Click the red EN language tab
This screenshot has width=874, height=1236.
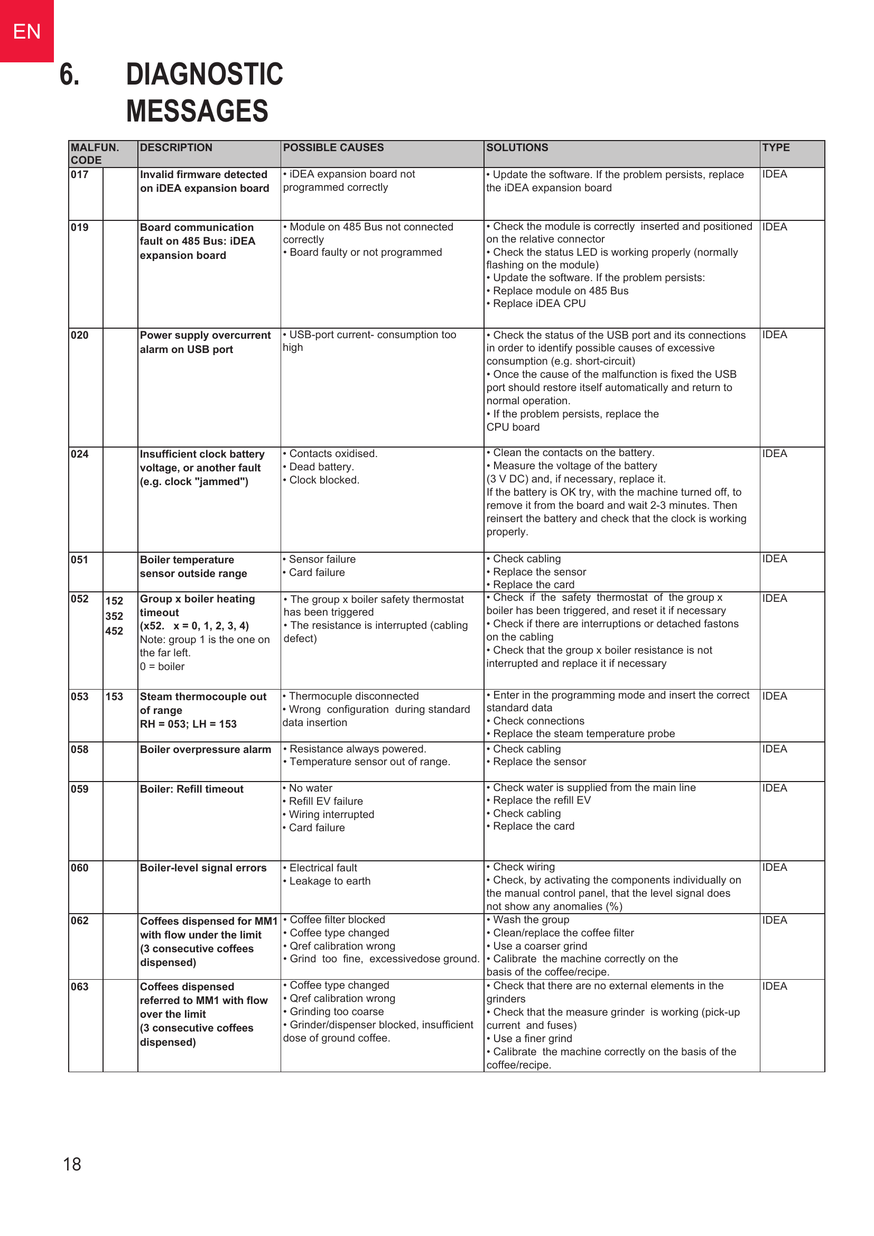tap(26, 31)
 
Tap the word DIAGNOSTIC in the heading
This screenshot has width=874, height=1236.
tap(204, 75)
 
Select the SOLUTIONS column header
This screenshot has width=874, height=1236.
tap(517, 147)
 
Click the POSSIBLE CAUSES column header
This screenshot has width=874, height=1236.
tap(333, 147)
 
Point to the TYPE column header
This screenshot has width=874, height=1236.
tap(776, 147)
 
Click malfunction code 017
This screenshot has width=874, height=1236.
tap(80, 174)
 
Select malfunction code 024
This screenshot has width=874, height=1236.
tap(80, 454)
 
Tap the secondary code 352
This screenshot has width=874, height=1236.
tap(114, 616)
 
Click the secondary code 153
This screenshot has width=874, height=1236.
tap(114, 696)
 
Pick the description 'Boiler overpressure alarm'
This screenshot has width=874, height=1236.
tap(205, 749)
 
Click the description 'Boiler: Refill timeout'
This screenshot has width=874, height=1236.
tap(192, 789)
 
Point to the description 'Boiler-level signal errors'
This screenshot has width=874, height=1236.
tap(203, 868)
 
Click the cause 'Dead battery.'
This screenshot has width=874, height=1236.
tap(321, 467)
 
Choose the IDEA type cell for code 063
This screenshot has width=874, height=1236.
tap(775, 986)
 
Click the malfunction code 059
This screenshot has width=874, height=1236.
tap(80, 789)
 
